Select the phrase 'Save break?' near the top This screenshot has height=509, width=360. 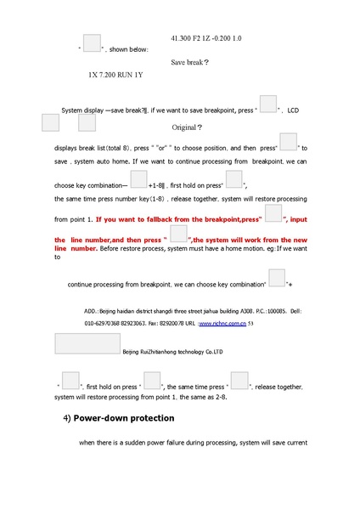pyautogui.click(x=189, y=63)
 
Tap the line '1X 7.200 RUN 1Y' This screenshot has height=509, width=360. pyautogui.click(x=115, y=75)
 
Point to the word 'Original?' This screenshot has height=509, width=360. pyautogui.click(x=187, y=127)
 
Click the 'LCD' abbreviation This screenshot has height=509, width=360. pyautogui.click(x=294, y=111)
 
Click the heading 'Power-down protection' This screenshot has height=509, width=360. pyautogui.click(x=124, y=418)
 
